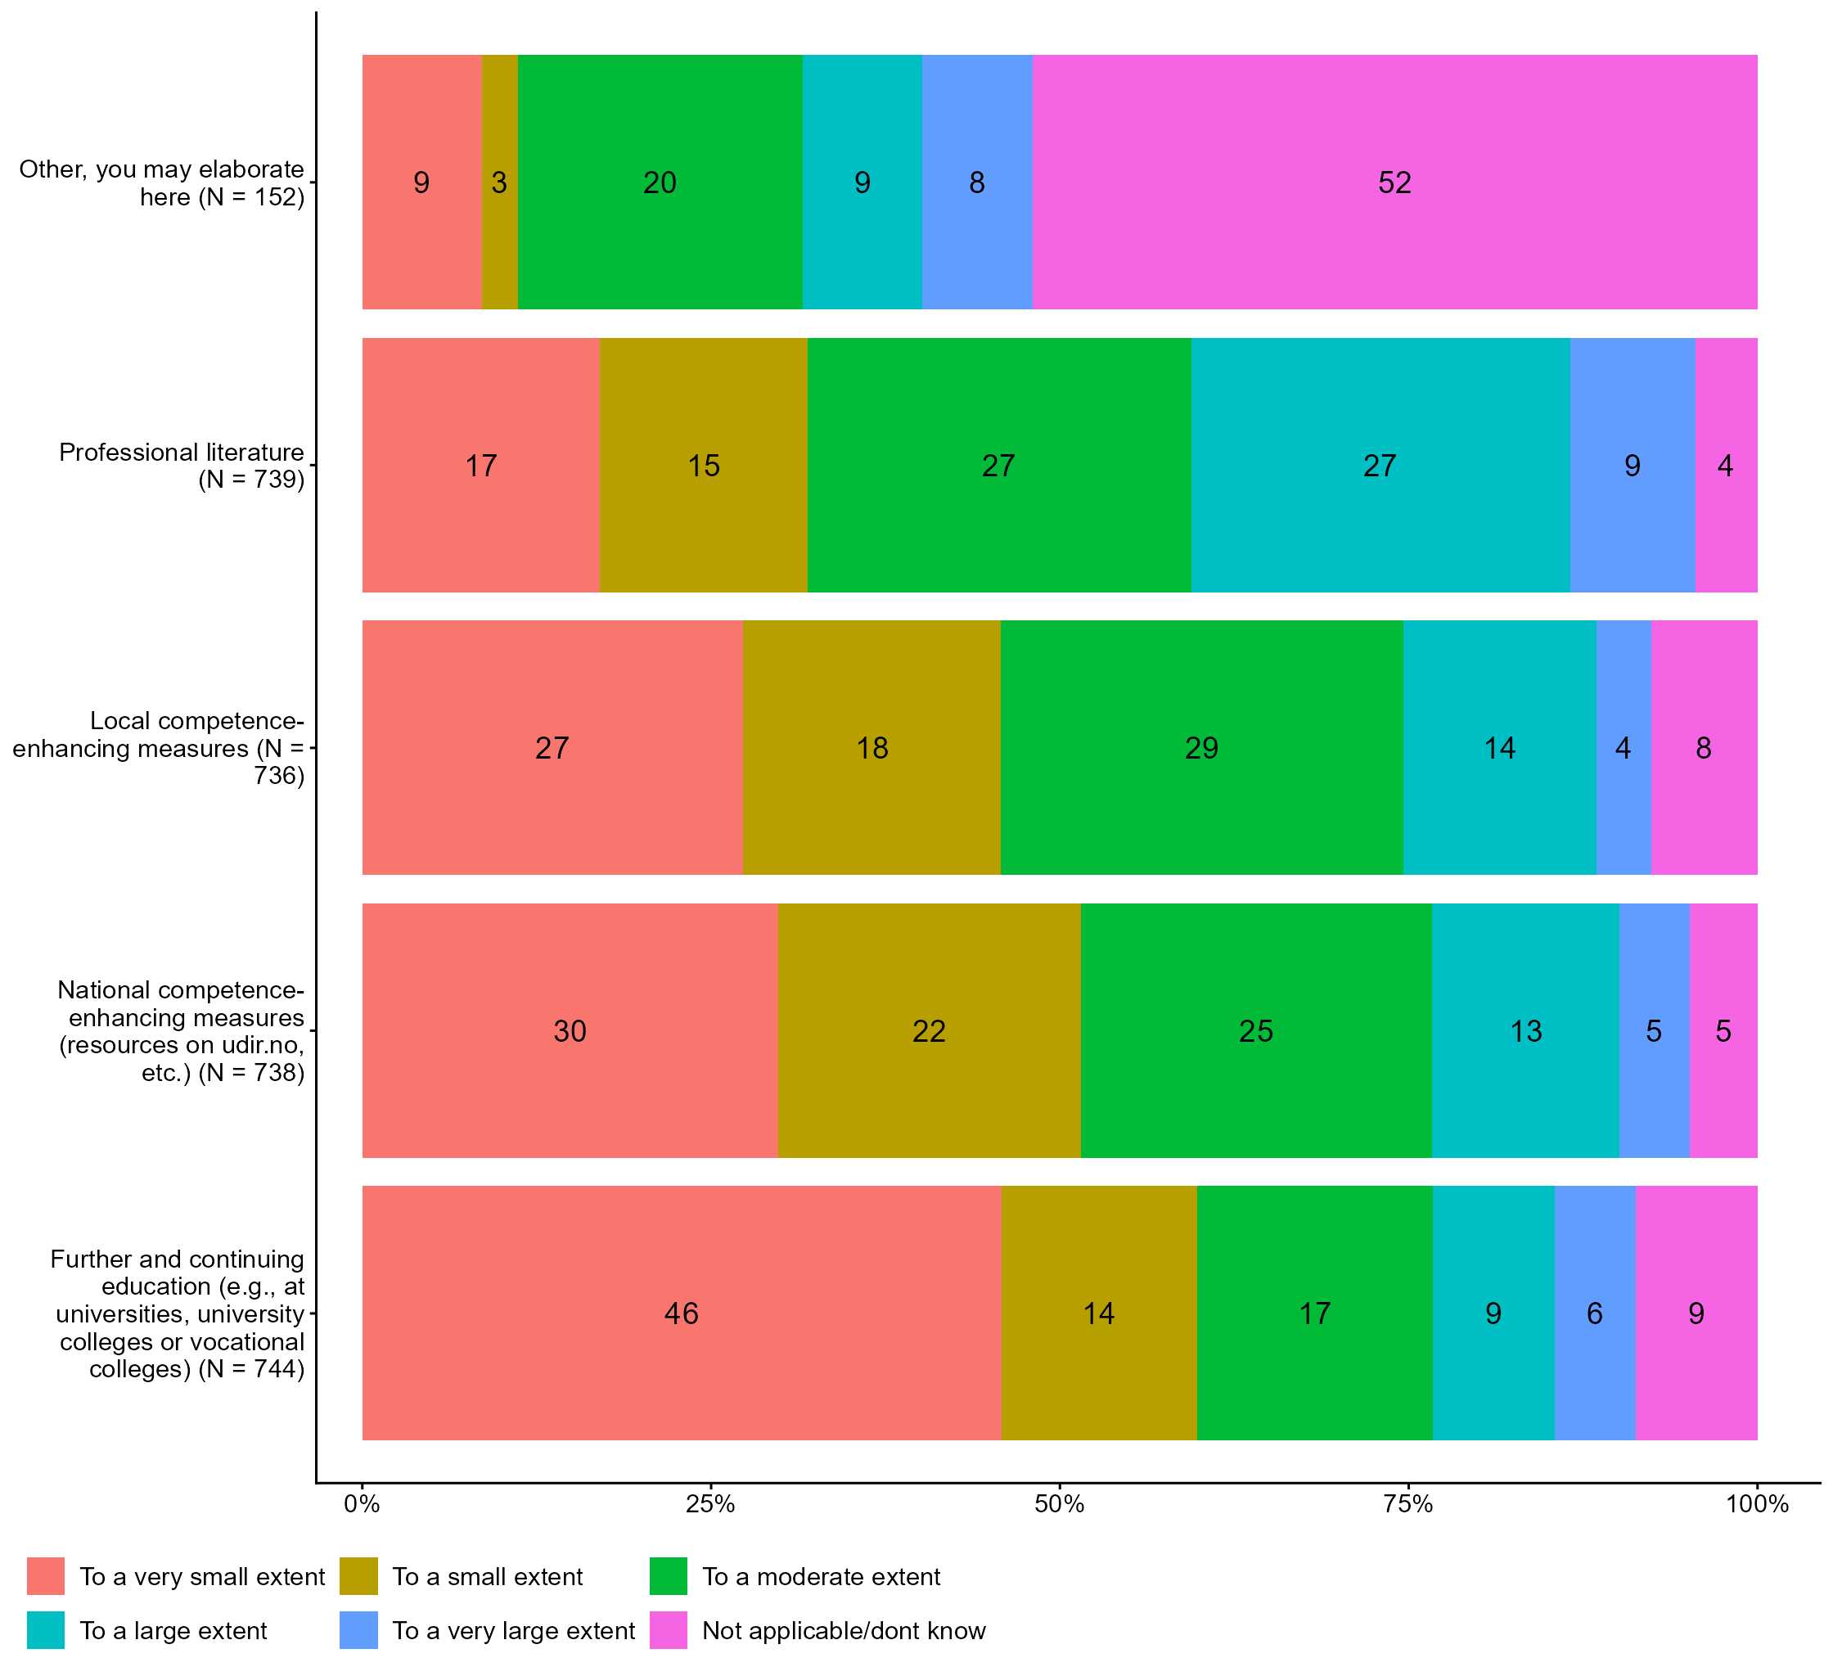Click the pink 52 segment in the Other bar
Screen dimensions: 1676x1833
tap(1394, 182)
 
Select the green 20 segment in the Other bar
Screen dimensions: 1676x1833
tap(660, 182)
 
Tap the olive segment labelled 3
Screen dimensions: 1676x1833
tap(499, 182)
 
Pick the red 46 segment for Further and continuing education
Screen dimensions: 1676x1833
tap(681, 1313)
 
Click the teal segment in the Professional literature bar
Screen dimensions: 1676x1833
tap(1380, 465)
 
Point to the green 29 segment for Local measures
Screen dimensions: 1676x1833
tap(1201, 747)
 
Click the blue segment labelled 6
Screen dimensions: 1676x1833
tap(1595, 1313)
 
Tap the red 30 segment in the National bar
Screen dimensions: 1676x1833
tap(570, 1030)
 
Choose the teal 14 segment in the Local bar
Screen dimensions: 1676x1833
tap(1499, 747)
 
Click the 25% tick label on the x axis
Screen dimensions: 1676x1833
tap(710, 1504)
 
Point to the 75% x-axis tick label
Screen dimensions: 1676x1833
tap(1407, 1504)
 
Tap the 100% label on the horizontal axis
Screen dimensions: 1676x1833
tap(1757, 1504)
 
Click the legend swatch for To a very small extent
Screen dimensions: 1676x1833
tap(46, 1576)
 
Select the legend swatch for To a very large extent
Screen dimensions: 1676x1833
tap(358, 1630)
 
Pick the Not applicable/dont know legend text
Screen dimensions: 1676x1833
tap(844, 1630)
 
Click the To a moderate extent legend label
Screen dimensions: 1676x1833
tap(821, 1576)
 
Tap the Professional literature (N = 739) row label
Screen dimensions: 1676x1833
tap(182, 465)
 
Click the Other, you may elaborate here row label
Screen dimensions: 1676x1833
tap(162, 182)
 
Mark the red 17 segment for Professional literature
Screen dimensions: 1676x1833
tap(481, 465)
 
